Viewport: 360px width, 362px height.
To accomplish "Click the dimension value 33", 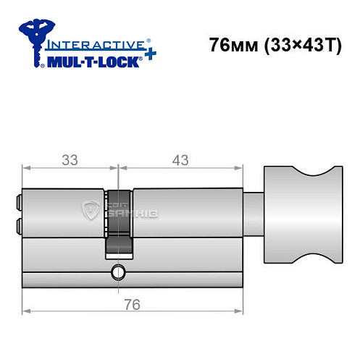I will tap(70, 159).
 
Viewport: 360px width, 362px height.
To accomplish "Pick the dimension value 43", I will tap(178, 159).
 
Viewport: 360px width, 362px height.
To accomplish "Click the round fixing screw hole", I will tap(117, 273).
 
